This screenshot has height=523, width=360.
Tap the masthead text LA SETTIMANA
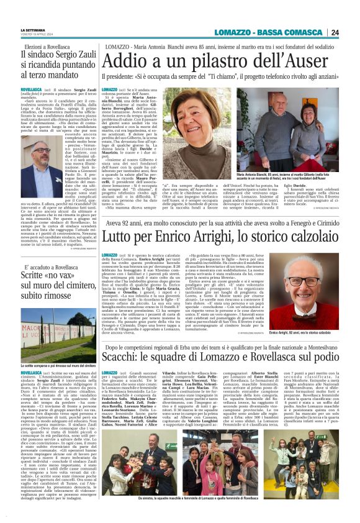click(x=32, y=30)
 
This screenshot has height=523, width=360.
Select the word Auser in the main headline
click(x=315, y=61)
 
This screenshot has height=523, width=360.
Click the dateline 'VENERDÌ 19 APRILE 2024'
click(x=38, y=35)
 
